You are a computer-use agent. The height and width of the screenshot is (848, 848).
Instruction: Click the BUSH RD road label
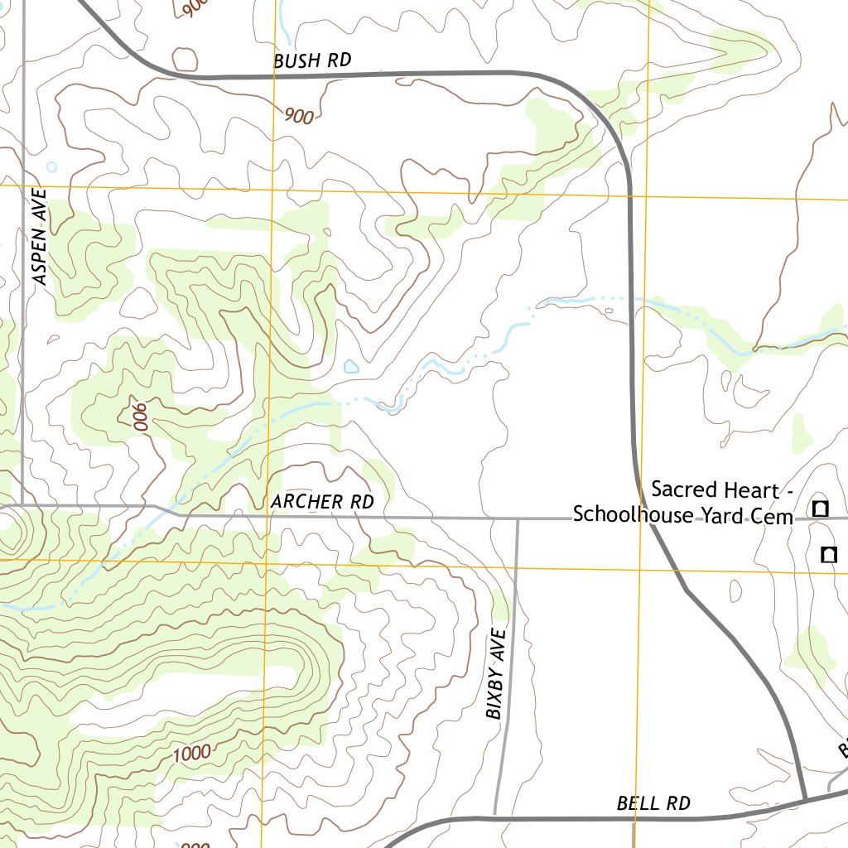[x=312, y=60]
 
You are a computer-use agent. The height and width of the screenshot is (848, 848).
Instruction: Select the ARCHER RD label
[x=321, y=502]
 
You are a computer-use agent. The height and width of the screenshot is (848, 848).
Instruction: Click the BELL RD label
[x=653, y=802]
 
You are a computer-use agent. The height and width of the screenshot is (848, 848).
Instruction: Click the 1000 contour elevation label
[x=192, y=753]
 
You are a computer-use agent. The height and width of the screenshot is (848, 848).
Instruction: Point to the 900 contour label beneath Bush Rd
[x=298, y=116]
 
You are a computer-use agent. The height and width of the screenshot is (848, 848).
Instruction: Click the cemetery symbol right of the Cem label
[x=820, y=508]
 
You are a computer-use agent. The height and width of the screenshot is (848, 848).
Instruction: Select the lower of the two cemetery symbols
[x=827, y=555]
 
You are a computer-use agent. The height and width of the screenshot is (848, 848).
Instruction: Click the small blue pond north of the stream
[x=351, y=366]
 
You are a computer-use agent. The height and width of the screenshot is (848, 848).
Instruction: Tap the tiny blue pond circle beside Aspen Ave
[x=51, y=166]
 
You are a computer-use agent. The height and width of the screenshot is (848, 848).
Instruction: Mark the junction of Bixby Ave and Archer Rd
[x=518, y=519]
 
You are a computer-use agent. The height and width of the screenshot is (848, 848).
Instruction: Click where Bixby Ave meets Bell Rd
[x=495, y=816]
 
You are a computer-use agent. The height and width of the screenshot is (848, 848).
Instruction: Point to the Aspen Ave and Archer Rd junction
[x=22, y=504]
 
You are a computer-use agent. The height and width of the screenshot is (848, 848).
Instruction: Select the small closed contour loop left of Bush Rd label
[x=185, y=60]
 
